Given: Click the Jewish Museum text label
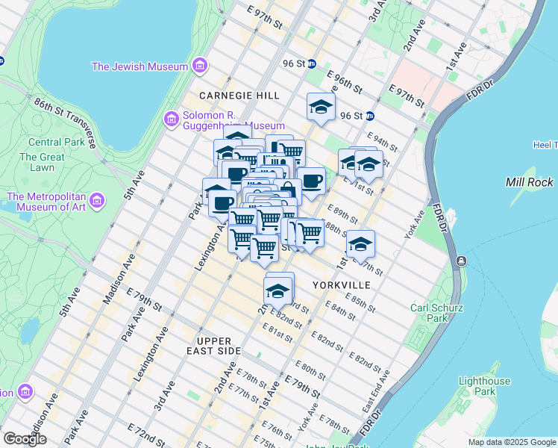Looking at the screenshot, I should tap(139, 66).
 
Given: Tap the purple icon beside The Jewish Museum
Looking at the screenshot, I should tap(199, 67).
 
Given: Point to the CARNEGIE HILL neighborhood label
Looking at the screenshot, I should tap(239, 96).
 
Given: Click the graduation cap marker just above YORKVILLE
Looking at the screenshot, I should tap(360, 243).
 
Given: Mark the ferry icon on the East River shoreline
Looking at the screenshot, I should tap(462, 261).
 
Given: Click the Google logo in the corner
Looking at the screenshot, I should tap(25, 439).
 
